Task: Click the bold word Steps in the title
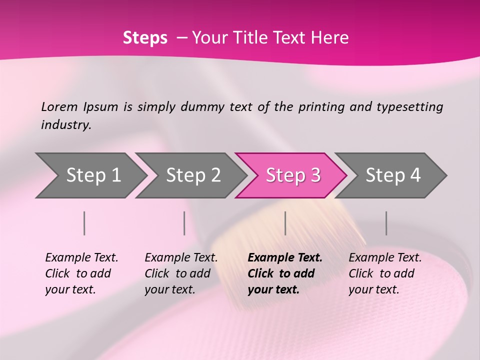(x=145, y=38)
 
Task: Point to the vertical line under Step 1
(x=84, y=223)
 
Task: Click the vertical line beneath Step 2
(x=184, y=223)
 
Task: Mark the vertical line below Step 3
(x=285, y=223)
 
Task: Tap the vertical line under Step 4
(x=386, y=223)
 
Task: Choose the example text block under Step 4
(x=385, y=273)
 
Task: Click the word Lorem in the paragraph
(x=59, y=106)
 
